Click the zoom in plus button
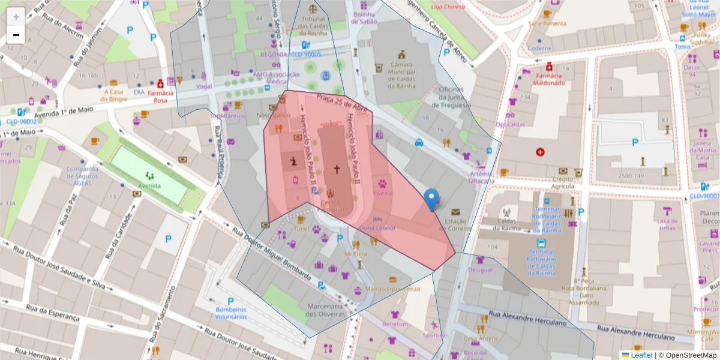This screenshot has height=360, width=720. tap(16, 16)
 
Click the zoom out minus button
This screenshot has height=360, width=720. tap(16, 35)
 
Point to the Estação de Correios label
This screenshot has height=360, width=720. tap(456, 224)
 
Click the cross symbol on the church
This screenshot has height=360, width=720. tap(337, 170)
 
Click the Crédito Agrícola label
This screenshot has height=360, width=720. tap(563, 182)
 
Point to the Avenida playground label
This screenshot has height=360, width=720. tap(149, 185)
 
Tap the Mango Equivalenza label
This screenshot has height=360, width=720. tap(392, 289)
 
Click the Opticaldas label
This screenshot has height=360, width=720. tap(511, 124)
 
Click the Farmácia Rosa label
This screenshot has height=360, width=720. tap(160, 97)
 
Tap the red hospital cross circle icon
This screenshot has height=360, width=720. tap(541, 152)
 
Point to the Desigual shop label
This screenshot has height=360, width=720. tap(480, 269)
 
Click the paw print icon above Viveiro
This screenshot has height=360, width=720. tap(382, 182)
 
